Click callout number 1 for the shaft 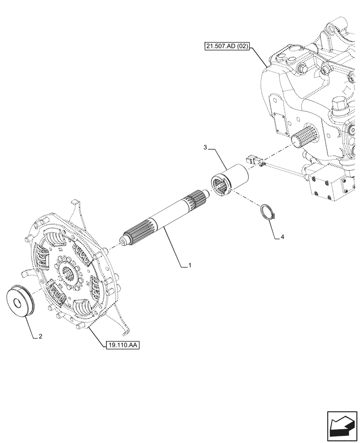coord(190,265)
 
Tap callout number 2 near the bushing coord(40,336)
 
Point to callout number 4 coord(282,237)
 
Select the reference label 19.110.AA coord(122,344)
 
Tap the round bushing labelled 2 coord(22,302)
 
